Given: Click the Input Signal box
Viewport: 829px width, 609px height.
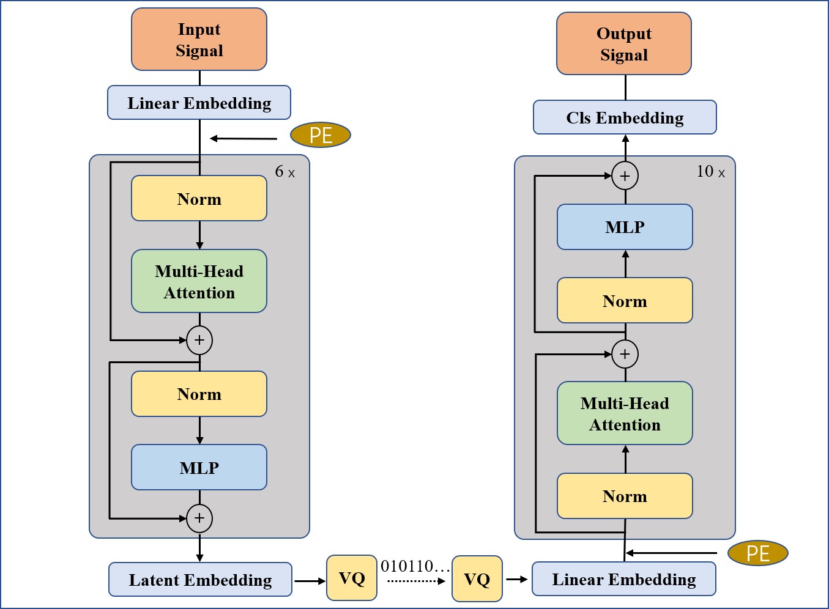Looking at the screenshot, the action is (x=199, y=39).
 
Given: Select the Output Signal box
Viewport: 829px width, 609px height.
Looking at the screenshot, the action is (x=624, y=43).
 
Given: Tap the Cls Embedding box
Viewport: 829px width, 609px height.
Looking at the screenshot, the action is (x=625, y=117).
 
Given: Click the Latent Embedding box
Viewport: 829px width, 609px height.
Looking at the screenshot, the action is (x=200, y=580).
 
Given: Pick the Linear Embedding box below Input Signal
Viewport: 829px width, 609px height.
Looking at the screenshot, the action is (x=199, y=103).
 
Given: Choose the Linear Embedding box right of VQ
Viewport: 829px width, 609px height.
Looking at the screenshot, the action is (x=624, y=578).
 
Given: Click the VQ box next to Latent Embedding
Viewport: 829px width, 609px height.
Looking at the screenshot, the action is (x=352, y=578).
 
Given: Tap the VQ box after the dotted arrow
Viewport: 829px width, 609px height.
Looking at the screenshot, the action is (x=477, y=578).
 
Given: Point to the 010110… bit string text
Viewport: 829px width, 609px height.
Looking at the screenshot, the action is (x=415, y=566).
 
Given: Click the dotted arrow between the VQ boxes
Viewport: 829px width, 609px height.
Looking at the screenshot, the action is (x=416, y=581).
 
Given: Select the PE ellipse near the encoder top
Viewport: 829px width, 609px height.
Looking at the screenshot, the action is (x=321, y=135).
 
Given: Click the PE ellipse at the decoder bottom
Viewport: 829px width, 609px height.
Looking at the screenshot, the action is (x=758, y=553).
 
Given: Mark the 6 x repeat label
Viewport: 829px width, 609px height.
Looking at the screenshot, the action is (x=285, y=172).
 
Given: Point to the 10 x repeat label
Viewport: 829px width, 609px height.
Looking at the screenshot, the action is (x=710, y=172).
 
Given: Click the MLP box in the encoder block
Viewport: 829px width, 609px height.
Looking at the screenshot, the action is (x=199, y=467).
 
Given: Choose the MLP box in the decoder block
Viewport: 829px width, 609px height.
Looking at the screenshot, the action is (x=625, y=227).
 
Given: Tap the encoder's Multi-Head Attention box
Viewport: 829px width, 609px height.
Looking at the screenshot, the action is (x=199, y=281).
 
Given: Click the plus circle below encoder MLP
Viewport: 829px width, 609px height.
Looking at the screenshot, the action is (x=199, y=518).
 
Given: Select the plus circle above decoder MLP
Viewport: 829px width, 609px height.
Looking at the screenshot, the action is (x=625, y=175).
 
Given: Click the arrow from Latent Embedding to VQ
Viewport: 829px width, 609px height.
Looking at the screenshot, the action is (x=310, y=581).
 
